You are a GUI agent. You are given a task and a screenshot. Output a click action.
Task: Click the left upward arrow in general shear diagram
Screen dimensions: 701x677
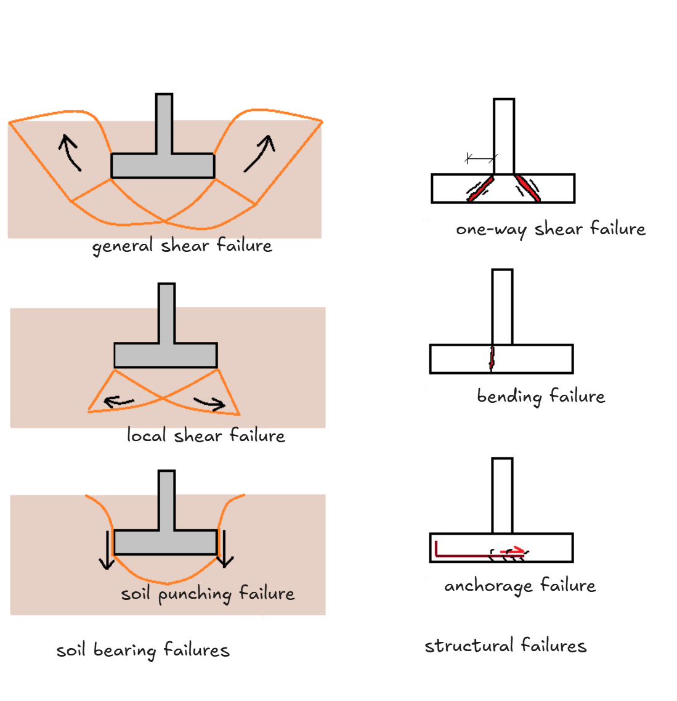(70, 153)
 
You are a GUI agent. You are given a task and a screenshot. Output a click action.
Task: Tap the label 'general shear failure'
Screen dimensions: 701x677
(182, 246)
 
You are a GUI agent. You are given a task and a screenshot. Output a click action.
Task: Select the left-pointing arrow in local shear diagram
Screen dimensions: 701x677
(119, 402)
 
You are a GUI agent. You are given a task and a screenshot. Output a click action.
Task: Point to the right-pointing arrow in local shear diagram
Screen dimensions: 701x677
(209, 403)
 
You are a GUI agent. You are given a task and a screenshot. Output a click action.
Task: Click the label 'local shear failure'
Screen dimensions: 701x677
(206, 436)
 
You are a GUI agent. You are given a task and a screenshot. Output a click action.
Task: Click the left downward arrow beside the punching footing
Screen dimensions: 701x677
(107, 549)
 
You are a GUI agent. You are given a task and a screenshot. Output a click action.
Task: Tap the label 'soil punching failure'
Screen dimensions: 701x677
(208, 594)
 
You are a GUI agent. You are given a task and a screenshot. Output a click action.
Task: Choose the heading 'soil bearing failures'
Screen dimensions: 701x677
(143, 650)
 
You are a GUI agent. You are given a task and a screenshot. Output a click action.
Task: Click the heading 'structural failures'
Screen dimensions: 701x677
(505, 646)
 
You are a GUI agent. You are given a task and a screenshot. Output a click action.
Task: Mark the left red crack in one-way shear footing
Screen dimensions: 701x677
(480, 188)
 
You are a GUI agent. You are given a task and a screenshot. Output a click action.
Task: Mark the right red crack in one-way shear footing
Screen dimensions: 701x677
(528, 188)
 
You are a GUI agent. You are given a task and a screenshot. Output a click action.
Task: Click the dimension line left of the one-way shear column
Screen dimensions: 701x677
(480, 159)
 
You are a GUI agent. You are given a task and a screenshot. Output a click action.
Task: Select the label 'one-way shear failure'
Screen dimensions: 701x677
(551, 229)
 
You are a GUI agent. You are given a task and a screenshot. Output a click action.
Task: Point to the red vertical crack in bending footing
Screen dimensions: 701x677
(492, 359)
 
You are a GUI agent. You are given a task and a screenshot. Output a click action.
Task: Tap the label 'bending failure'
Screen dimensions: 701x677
(541, 396)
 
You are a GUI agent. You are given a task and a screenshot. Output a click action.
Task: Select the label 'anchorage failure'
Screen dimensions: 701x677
(520, 585)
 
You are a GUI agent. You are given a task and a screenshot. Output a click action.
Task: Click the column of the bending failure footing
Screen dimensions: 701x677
(503, 306)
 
